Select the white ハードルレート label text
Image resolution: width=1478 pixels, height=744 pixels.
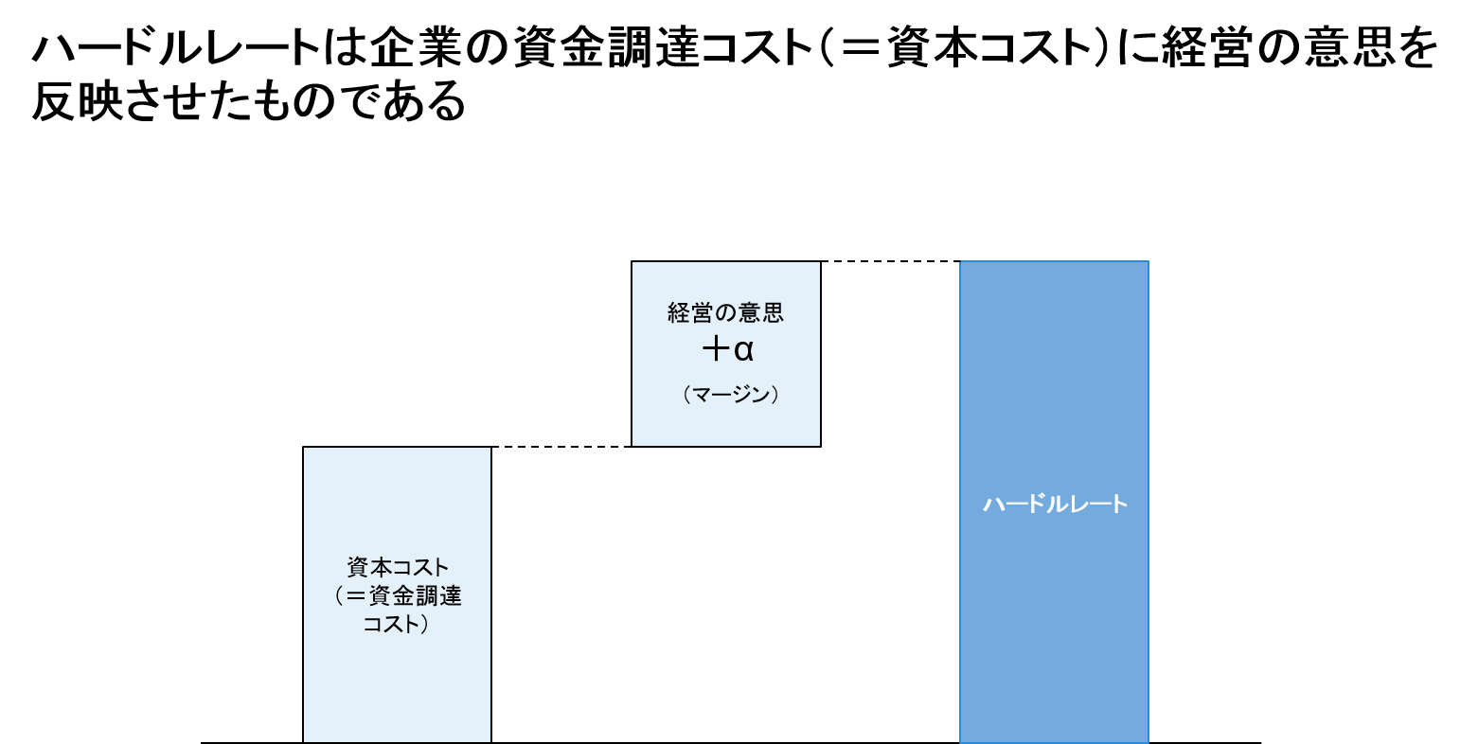1055,504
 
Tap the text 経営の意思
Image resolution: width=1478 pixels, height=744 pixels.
725,312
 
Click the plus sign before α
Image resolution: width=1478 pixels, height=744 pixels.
715,350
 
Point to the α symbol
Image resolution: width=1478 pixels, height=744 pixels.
743,351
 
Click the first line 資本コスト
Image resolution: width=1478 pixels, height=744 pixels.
398,568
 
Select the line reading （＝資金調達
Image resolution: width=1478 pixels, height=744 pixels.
398,596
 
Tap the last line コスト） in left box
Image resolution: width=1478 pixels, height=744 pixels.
398,625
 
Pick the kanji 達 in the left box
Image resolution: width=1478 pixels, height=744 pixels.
451,596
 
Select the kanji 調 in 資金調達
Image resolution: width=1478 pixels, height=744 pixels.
426,596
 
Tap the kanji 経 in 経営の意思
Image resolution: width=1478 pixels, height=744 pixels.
679,312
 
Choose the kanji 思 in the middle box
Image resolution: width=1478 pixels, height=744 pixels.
773,312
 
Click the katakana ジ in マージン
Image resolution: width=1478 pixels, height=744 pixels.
739,395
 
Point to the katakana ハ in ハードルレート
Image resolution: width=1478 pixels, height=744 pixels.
992,504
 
